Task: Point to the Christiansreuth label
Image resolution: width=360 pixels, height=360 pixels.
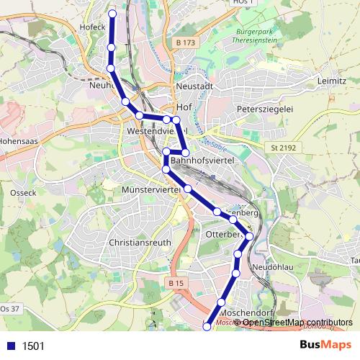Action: point(140,243)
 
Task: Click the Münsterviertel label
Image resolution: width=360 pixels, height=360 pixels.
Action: point(150,188)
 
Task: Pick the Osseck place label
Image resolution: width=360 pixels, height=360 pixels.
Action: point(24,193)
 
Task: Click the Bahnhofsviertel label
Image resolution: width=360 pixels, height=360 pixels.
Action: point(202,161)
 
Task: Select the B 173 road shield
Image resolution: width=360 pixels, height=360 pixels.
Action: point(185,43)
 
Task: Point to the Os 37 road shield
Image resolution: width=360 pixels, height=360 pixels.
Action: point(9,309)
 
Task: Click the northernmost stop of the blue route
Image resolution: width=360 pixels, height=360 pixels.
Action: point(112,14)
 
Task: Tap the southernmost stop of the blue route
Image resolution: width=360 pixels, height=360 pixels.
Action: point(207,326)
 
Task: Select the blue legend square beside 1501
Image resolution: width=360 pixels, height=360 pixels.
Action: point(10,346)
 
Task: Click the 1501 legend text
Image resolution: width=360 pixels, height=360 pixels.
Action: point(33,346)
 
